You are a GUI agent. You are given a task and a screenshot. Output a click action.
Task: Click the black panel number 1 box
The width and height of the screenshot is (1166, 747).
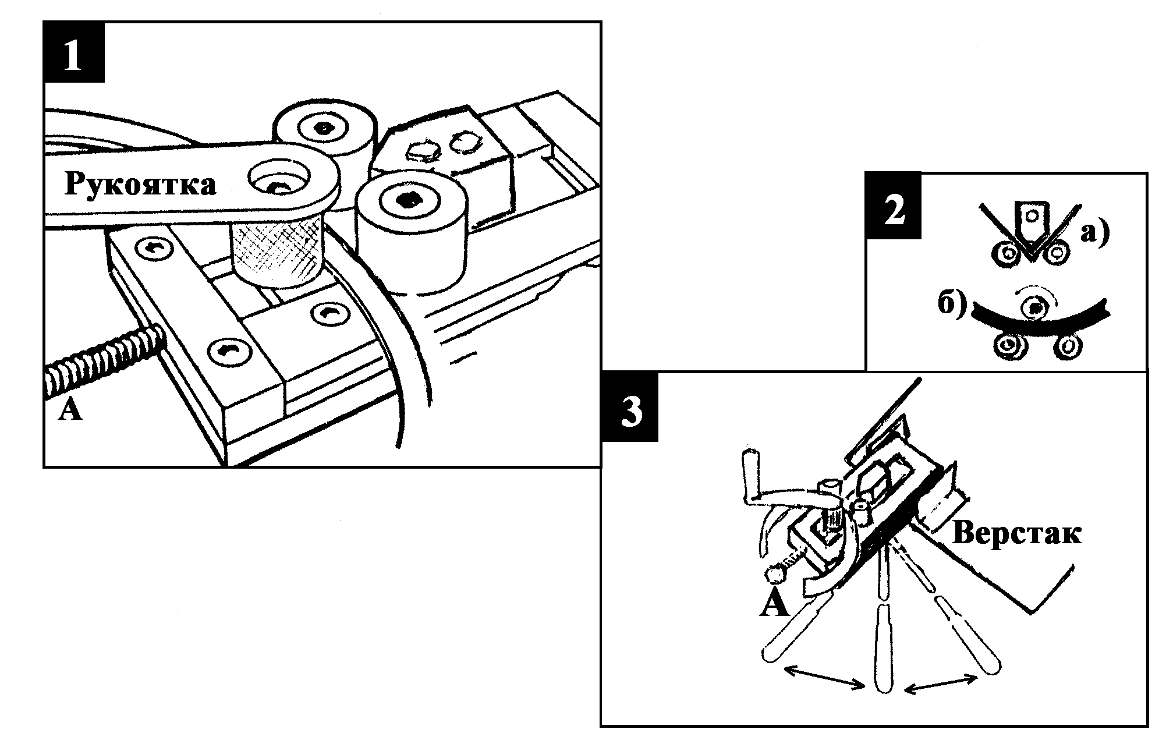(x=74, y=52)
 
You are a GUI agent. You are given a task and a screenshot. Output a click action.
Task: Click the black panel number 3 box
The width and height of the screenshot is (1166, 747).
(x=630, y=406)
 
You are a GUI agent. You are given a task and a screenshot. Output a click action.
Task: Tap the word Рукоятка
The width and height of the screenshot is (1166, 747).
(x=140, y=185)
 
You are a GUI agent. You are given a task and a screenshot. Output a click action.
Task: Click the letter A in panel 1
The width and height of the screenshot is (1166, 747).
(x=70, y=410)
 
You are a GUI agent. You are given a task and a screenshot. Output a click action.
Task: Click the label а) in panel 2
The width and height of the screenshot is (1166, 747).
(x=1095, y=232)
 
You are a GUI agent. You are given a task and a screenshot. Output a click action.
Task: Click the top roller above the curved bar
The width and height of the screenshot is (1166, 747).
(x=1034, y=306)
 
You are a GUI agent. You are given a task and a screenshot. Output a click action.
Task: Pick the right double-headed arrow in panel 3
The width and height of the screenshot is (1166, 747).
(x=940, y=683)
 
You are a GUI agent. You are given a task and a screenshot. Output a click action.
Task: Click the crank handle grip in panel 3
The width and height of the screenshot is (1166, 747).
(x=751, y=474)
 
